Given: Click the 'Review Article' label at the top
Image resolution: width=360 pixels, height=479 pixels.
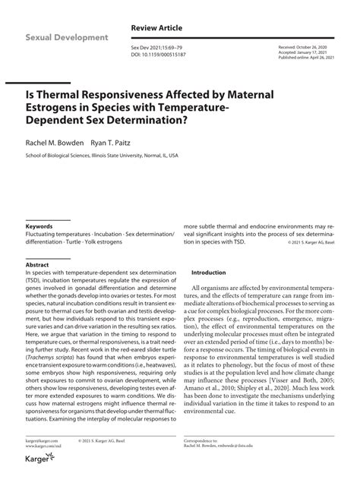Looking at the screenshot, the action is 156,27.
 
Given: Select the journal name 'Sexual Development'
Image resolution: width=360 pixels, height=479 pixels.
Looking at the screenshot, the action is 67,37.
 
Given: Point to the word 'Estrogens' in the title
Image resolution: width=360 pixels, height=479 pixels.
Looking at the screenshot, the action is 56,107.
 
